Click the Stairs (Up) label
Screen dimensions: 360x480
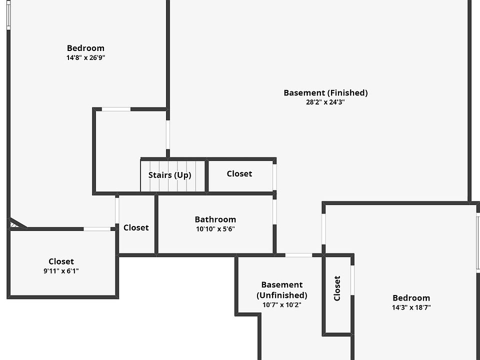pyautogui.click(x=169, y=175)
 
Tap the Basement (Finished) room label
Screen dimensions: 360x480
pyautogui.click(x=325, y=92)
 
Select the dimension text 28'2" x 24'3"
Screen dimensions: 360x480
pyautogui.click(x=325, y=102)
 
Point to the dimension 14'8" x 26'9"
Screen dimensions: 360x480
pyautogui.click(x=86, y=57)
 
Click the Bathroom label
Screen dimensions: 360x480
pyautogui.click(x=215, y=219)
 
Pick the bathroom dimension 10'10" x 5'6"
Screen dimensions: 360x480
pyautogui.click(x=215, y=229)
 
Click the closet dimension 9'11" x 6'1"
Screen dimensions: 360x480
pyautogui.click(x=61, y=271)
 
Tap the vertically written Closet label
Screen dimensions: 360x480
pyautogui.click(x=337, y=288)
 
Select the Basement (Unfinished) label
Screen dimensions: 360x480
pyautogui.click(x=282, y=290)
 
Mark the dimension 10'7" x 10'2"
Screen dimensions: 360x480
pyautogui.click(x=282, y=304)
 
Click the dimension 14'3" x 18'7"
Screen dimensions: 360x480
pyautogui.click(x=411, y=307)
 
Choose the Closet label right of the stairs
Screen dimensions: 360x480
pyautogui.click(x=239, y=173)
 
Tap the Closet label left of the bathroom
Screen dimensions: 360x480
pyautogui.click(x=136, y=227)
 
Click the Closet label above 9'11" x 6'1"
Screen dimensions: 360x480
pyautogui.click(x=61, y=261)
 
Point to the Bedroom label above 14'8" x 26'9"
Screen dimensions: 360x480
pyautogui.click(x=86, y=48)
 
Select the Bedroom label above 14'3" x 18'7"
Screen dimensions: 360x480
pyautogui.click(x=411, y=298)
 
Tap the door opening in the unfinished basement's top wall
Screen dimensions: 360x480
pyautogui.click(x=298, y=255)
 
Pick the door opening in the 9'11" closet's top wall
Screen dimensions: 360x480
pyautogui.click(x=97, y=229)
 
